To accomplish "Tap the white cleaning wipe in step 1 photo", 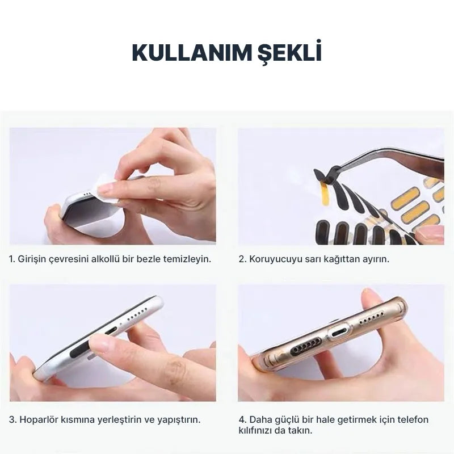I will coord(107,188).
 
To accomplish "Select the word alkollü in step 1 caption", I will coord(108,259).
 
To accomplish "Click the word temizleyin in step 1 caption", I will coord(186,259).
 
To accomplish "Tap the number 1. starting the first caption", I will coord(12,259).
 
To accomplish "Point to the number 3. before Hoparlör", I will coord(12,420).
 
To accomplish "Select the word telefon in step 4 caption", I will coord(413,420).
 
